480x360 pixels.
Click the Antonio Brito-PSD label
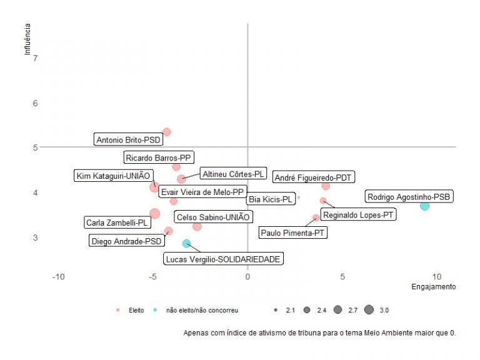tap(128, 140)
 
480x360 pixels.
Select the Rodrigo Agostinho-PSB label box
tap(409, 197)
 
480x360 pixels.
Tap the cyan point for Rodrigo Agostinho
tap(425, 206)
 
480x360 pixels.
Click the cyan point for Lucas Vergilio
tap(186, 243)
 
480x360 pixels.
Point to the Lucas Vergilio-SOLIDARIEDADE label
tap(223, 259)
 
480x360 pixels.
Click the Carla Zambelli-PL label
tap(117, 222)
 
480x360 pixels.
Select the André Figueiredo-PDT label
tap(313, 177)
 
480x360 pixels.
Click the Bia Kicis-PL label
tap(271, 199)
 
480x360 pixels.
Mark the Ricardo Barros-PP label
tap(158, 157)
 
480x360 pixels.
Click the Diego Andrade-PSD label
tap(126, 241)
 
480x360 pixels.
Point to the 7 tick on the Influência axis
tap(35, 58)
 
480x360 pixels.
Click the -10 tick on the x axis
tap(59, 277)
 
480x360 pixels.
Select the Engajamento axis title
tap(433, 287)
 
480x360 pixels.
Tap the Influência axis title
tap(27, 39)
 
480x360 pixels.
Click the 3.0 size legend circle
tap(369, 310)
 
